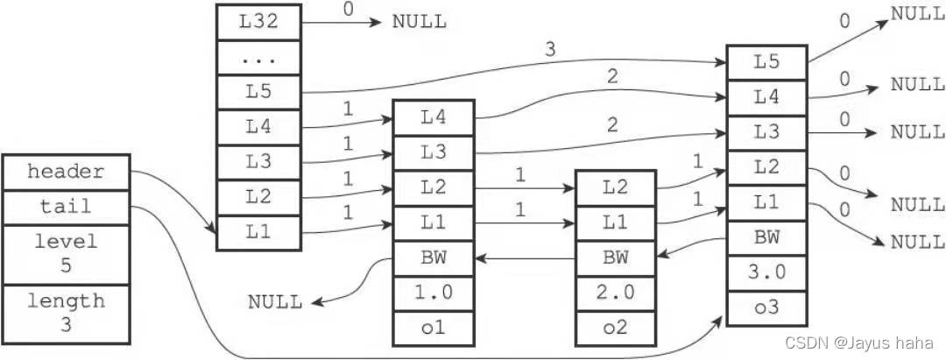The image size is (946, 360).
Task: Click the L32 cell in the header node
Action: click(x=258, y=23)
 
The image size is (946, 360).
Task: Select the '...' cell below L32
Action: click(x=258, y=59)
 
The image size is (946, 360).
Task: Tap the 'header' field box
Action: click(x=67, y=173)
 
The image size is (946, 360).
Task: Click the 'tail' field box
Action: click(x=67, y=208)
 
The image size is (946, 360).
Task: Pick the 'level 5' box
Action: click(x=67, y=255)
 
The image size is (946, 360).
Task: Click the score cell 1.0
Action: click(x=434, y=293)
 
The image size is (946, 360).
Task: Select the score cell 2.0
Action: click(x=616, y=293)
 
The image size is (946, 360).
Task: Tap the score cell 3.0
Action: click(x=766, y=272)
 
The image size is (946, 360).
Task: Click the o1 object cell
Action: click(x=434, y=328)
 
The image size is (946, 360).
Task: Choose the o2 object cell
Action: click(x=616, y=328)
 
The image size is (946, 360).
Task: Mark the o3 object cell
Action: click(x=766, y=308)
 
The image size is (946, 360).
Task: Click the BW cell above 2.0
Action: click(x=616, y=258)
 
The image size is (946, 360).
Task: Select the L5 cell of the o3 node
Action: click(x=766, y=62)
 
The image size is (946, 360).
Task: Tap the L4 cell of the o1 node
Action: click(x=434, y=117)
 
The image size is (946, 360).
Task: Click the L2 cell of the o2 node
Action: click(x=616, y=188)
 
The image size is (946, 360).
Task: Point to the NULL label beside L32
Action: click(x=420, y=22)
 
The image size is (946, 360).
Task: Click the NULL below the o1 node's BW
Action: click(x=275, y=301)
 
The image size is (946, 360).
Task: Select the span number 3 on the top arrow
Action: click(x=549, y=50)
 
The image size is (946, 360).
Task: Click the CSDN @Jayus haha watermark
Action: click(x=859, y=342)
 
